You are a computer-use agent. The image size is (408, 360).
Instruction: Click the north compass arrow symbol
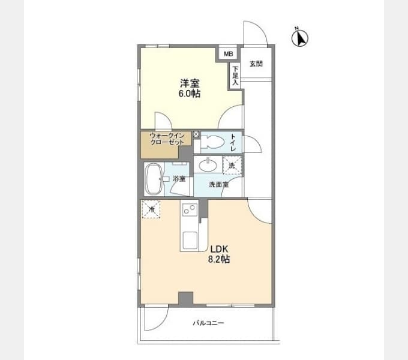pos(300,37)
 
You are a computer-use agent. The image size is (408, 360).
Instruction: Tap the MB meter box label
pos(229,54)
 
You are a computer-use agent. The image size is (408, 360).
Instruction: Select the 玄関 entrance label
pos(256,64)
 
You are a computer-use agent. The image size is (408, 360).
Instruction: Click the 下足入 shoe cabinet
pos(235,76)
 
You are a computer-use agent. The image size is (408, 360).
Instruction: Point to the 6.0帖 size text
pos(190,94)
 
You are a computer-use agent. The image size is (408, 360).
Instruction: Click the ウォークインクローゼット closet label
pos(167,139)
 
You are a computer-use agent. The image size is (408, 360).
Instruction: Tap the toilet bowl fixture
pos(212,143)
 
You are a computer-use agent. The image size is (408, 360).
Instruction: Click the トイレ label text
pos(233,142)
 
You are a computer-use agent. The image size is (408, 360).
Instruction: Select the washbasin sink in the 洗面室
pos(208,165)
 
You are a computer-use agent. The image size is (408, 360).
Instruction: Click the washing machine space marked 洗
pos(232,165)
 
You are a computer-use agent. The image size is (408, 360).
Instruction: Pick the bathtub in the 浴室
pos(154,179)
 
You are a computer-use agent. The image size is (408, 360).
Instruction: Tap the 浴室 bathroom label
pos(179,179)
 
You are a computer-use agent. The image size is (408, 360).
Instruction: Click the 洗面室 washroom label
pos(219,184)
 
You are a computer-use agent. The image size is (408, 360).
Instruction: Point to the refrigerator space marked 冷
pos(151,209)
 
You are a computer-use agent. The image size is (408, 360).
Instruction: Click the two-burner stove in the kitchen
pos(190,209)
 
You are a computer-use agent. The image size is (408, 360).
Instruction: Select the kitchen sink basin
pos(190,240)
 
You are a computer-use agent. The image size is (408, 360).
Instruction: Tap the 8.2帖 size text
pos(218,259)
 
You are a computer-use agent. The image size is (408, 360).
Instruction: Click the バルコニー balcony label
pos(208,323)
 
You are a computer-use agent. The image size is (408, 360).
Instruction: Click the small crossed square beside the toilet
pos(196,134)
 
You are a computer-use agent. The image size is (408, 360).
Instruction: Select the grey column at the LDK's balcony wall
pos(185,299)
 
